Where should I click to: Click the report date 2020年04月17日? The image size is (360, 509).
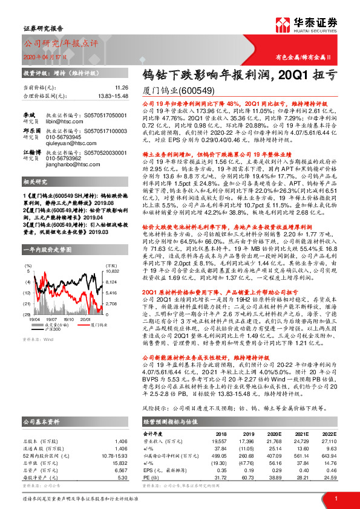tap(45, 57)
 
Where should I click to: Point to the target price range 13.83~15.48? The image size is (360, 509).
tap(113, 96)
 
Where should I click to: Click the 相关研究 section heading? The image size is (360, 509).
tap(36, 198)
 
